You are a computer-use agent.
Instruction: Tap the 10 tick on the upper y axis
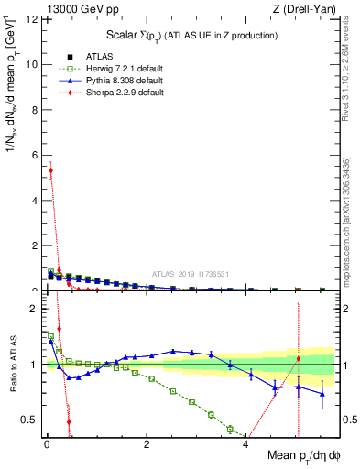(x=32, y=65)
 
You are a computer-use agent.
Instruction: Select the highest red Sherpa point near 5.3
(x=51, y=170)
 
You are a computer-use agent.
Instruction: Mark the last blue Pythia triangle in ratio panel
(x=322, y=394)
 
